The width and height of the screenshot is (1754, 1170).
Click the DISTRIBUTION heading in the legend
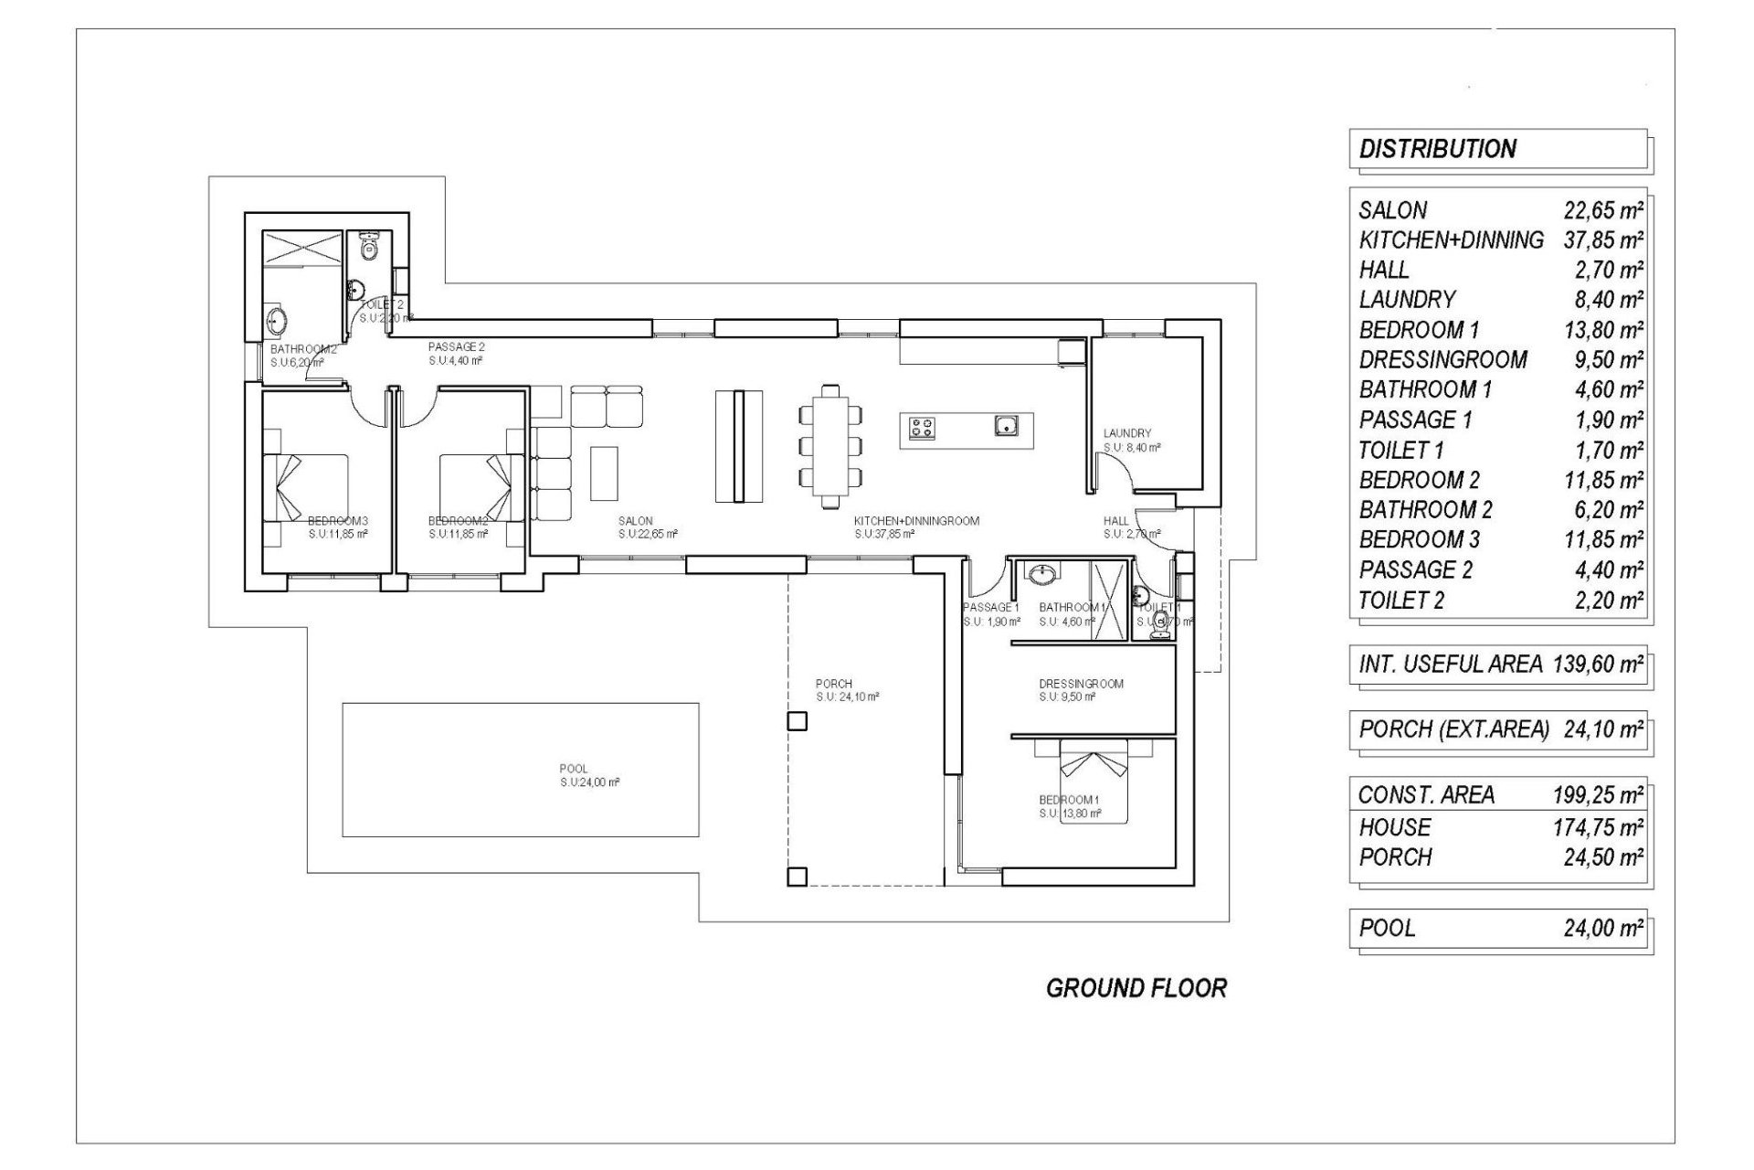(x=1437, y=149)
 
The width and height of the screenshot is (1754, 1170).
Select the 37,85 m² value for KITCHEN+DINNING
(x=1603, y=240)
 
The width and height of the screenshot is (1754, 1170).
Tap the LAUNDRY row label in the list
(x=1407, y=300)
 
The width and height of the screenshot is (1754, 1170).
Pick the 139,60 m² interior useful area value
(x=1598, y=665)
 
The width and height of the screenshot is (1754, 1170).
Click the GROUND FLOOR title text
(x=1136, y=988)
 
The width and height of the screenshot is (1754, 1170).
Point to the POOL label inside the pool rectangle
(x=574, y=769)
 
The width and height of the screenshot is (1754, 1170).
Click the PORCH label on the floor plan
(x=833, y=684)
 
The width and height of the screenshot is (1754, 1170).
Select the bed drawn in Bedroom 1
(x=1094, y=782)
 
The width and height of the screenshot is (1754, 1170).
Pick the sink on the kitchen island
(x=1006, y=426)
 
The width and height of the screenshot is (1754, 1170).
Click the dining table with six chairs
(x=830, y=446)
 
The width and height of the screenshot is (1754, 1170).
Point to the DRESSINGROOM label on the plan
(x=1081, y=684)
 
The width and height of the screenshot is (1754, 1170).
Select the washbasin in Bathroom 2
(x=277, y=321)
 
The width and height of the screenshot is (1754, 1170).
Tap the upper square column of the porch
(x=797, y=721)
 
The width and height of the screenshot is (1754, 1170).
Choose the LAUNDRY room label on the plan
(x=1126, y=433)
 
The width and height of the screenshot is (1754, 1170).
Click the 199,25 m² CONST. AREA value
(x=1598, y=795)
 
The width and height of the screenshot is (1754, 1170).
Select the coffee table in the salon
(x=604, y=473)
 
